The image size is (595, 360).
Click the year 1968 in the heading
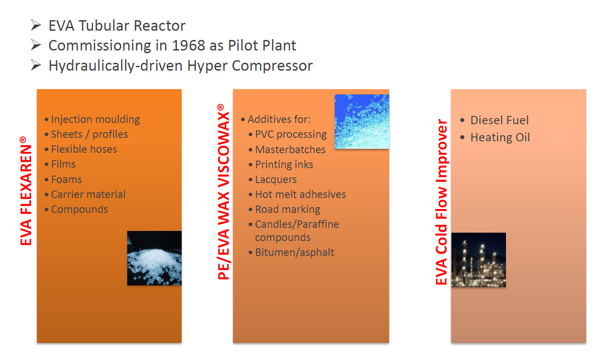click(188, 45)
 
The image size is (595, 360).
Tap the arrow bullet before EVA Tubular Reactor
click(36, 25)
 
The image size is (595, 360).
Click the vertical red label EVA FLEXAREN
click(26, 191)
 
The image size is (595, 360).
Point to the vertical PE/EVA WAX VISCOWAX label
click(223, 191)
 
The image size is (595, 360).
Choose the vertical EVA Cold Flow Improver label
click(441, 202)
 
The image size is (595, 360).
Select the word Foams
click(66, 179)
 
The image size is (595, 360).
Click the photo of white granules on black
click(154, 258)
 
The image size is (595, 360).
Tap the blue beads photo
click(362, 122)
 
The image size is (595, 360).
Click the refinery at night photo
click(479, 260)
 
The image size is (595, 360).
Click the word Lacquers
click(276, 180)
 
